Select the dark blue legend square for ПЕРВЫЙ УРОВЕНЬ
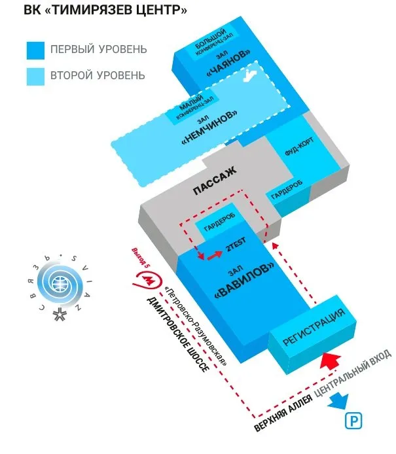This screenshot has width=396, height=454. pyautogui.click(x=35, y=50)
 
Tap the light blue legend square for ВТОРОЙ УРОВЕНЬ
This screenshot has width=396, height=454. pyautogui.click(x=35, y=77)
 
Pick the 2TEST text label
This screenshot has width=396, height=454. pyautogui.click(x=235, y=247)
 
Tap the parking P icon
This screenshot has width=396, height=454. pyautogui.click(x=355, y=421)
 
